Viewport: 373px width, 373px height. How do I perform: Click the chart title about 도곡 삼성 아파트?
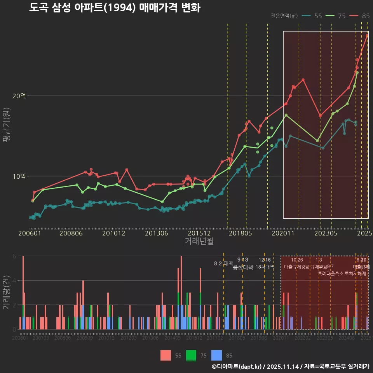(115, 8)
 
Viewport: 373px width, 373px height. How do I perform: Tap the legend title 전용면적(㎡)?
(284, 16)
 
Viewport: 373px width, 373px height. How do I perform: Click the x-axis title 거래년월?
(199, 241)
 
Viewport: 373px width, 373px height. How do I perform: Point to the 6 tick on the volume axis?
(14, 256)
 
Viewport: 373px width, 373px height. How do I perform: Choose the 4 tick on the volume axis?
(14, 281)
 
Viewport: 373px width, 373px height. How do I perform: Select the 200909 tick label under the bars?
(85, 338)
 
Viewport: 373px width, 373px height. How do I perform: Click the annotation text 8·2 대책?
(223, 263)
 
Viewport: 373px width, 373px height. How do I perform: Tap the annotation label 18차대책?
(265, 267)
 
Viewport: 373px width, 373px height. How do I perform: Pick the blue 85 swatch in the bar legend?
(217, 355)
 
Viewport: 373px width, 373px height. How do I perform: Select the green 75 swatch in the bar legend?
(191, 355)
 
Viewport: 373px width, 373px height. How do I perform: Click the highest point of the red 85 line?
(367, 36)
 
